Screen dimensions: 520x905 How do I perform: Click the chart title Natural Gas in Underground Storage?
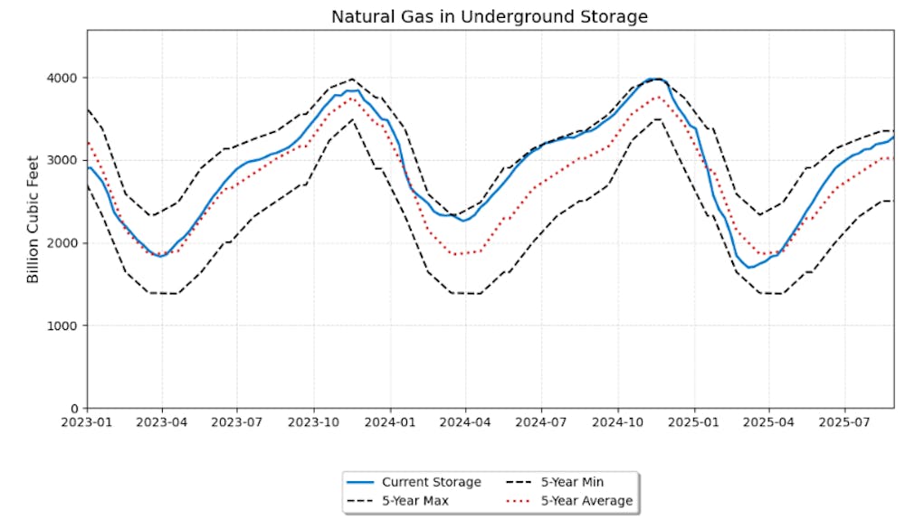(x=490, y=17)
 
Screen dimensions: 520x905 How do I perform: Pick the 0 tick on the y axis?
(x=73, y=408)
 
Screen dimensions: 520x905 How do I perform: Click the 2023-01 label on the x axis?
(x=87, y=421)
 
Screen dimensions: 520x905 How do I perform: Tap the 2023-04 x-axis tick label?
(x=162, y=421)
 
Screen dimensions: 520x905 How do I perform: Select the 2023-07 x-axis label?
(x=237, y=421)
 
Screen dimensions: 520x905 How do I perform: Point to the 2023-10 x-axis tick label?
(x=313, y=421)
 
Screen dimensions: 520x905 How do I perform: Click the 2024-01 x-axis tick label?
(x=390, y=421)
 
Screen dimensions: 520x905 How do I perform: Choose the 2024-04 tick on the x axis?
(x=465, y=421)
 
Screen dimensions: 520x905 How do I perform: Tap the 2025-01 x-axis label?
(x=694, y=421)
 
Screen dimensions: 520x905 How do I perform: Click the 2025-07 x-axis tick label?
(x=844, y=421)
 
